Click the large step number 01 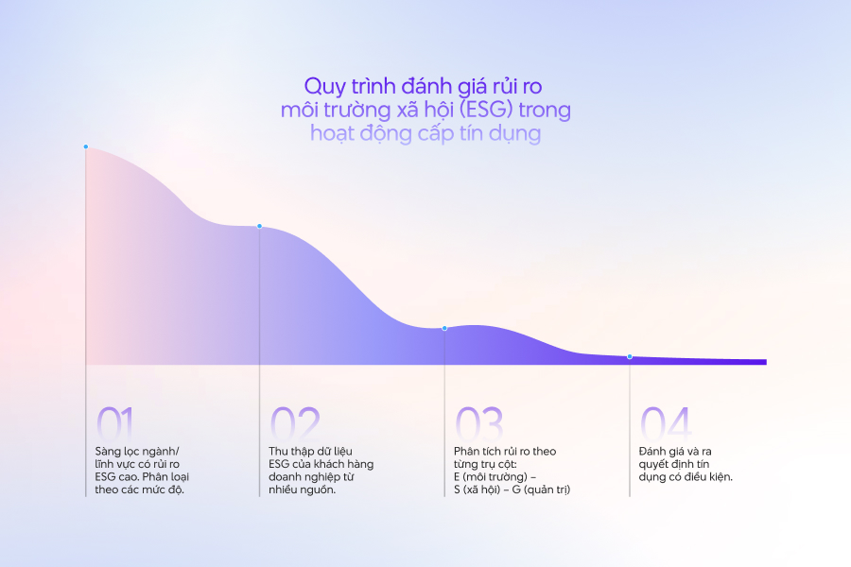(x=115, y=422)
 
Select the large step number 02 (x=295, y=422)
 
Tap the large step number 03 (x=480, y=422)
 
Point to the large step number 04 (x=666, y=422)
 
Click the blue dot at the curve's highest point (x=85, y=146)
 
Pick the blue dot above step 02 (x=259, y=226)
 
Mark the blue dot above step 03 (x=444, y=328)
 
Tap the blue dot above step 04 (x=630, y=356)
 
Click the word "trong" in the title (x=544, y=110)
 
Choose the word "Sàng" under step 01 (x=110, y=450)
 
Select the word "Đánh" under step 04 (x=656, y=450)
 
